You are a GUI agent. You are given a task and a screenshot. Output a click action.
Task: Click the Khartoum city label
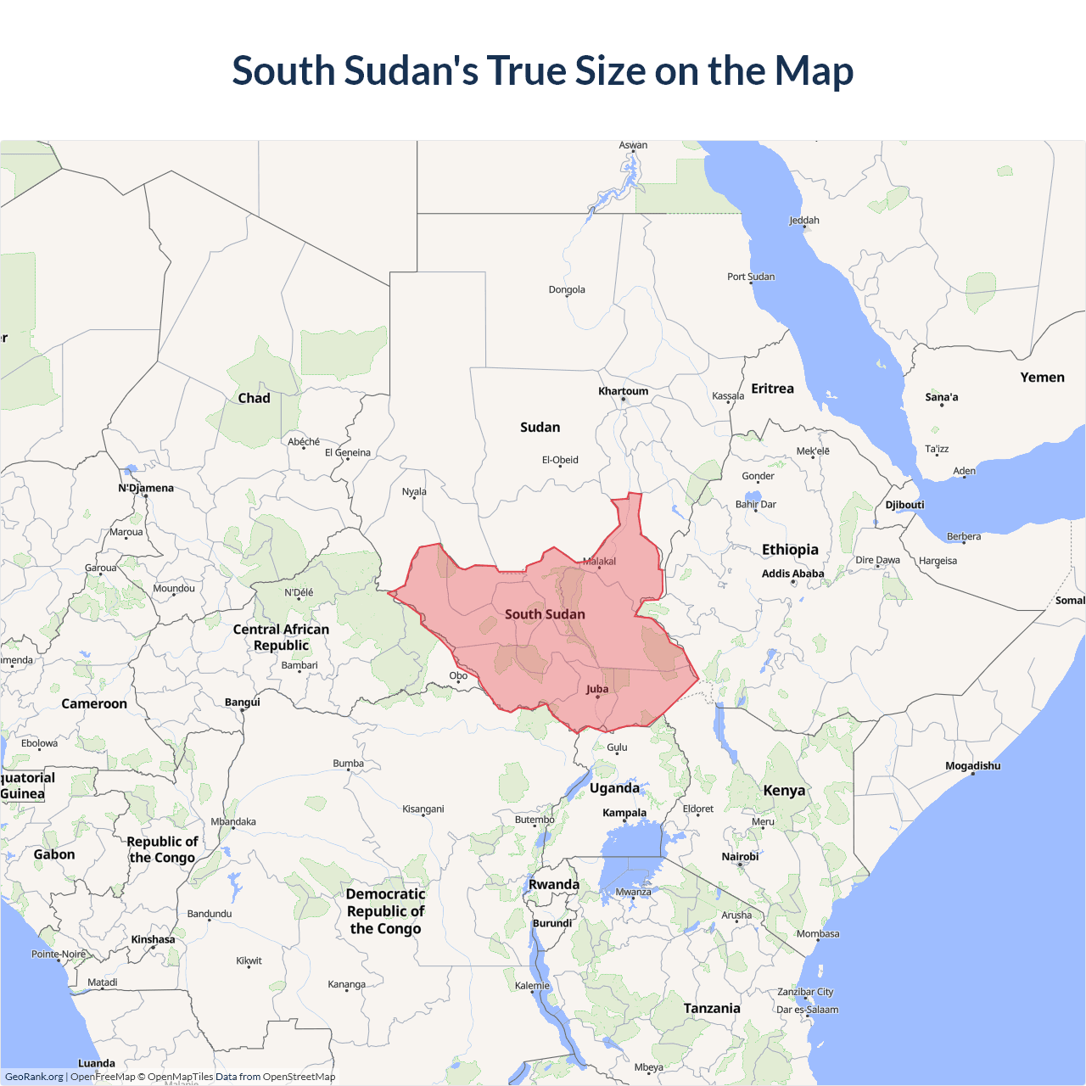pos(623,391)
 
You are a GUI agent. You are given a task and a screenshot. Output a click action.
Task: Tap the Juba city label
pos(597,689)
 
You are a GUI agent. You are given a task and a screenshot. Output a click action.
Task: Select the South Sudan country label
pos(545,614)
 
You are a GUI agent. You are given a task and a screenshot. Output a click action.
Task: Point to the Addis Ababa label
pos(792,574)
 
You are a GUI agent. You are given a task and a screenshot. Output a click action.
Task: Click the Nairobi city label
pos(740,857)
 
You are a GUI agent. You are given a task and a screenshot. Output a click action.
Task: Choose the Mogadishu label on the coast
pos(972,766)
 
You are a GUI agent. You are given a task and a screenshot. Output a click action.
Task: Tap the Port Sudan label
pos(751,277)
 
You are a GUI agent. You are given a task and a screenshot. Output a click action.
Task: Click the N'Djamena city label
pos(146,488)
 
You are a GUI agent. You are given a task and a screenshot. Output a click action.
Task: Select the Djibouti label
pos(904,505)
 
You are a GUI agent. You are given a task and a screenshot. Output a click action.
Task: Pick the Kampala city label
pos(624,813)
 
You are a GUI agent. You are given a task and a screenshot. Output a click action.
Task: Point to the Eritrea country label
pos(772,389)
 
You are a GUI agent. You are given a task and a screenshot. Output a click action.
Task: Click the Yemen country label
pos(1042,378)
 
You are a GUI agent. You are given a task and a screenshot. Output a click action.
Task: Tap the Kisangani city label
pos(423,809)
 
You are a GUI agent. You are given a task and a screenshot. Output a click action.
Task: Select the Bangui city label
pos(243,703)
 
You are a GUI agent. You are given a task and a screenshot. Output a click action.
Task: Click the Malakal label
pos(599,562)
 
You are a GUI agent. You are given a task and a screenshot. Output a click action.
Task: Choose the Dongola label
pos(567,290)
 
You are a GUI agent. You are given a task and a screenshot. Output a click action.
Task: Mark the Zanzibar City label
pos(805,992)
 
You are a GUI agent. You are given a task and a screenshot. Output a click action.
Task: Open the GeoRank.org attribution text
pos(34,1077)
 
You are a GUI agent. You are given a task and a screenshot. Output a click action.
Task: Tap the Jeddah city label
pos(804,221)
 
